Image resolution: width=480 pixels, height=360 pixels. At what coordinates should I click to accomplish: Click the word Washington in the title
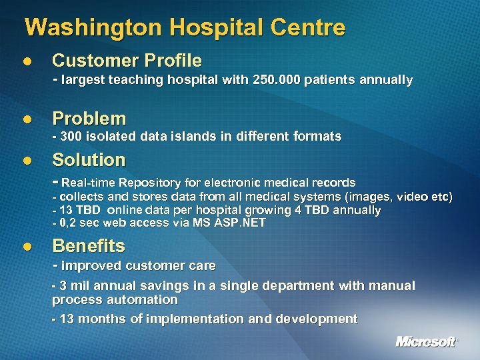coord(93,28)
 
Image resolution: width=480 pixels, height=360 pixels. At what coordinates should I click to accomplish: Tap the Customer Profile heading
coord(127,61)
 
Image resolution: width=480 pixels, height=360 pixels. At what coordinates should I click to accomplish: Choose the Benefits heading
coord(89,246)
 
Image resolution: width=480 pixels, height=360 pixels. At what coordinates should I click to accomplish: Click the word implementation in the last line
coord(194,319)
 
